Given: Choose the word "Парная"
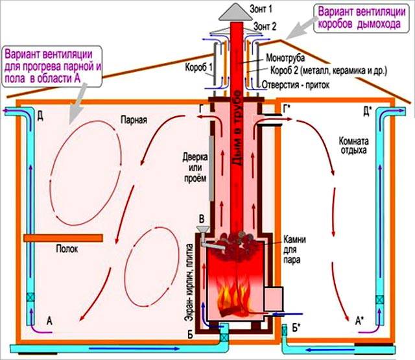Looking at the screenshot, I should (134, 120).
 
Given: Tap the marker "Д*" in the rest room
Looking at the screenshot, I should (366, 112).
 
